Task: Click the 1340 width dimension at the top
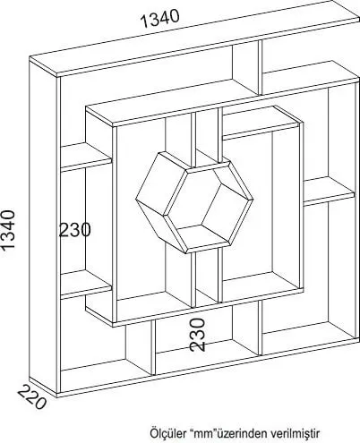(x=160, y=18)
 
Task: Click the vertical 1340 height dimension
(x=8, y=229)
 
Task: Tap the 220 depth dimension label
(x=31, y=396)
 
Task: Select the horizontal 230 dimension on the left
(x=74, y=230)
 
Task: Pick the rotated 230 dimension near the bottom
(x=198, y=335)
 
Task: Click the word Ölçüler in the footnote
(x=167, y=433)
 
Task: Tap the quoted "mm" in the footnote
(x=202, y=433)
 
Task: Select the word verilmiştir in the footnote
(x=295, y=433)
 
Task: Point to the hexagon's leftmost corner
(x=135, y=200)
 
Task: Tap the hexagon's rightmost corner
(x=253, y=199)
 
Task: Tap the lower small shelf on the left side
(x=86, y=285)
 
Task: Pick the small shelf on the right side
(x=329, y=192)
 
